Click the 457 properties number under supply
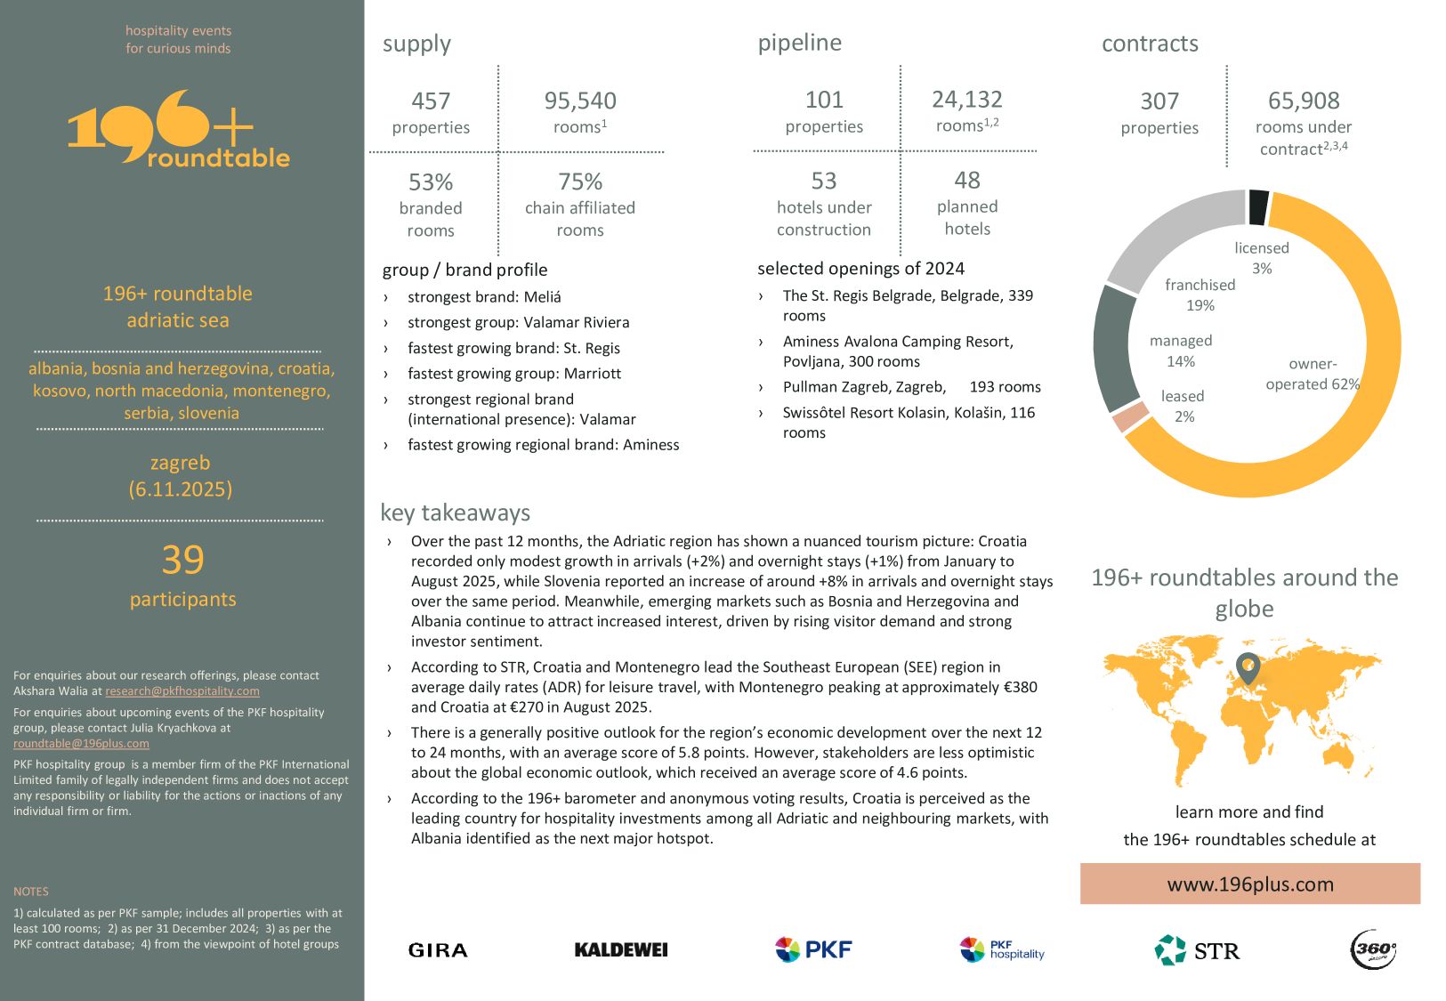(x=431, y=101)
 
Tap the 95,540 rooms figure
(x=580, y=101)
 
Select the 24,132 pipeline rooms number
(x=966, y=100)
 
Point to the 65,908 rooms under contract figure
(x=1303, y=101)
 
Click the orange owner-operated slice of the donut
(x=1335, y=445)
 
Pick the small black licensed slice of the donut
(x=1258, y=206)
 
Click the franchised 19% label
(x=1200, y=295)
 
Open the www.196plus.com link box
(x=1249, y=884)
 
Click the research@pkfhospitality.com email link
(x=182, y=691)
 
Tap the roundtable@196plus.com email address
(x=81, y=744)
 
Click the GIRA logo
(x=438, y=950)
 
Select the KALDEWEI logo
(x=621, y=950)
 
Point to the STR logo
(x=1197, y=950)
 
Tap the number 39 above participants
(x=182, y=560)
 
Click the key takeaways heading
(x=455, y=513)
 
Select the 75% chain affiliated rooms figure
(x=580, y=182)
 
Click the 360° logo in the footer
(x=1373, y=949)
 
